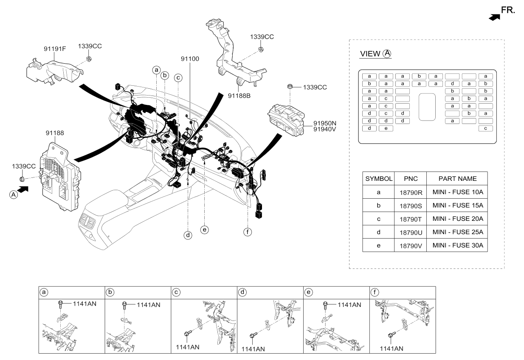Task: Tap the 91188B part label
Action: click(x=239, y=96)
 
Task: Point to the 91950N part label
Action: click(x=325, y=123)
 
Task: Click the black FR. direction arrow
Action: click(x=494, y=17)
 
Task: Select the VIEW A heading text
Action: click(x=375, y=54)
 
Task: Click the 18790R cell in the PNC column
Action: click(x=411, y=192)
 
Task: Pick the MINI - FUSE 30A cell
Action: click(x=457, y=245)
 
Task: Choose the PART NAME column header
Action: click(x=457, y=179)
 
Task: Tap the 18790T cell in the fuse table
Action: click(x=411, y=219)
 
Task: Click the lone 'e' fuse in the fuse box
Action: click(x=386, y=128)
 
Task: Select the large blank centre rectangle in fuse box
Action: click(x=427, y=107)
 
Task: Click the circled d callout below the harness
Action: click(x=188, y=234)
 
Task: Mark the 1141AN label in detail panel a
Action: click(x=87, y=304)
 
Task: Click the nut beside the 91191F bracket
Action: click(x=89, y=59)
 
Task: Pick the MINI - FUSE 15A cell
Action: click(x=457, y=205)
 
